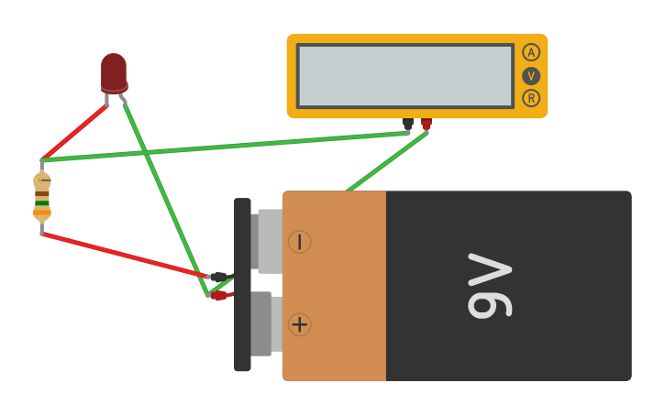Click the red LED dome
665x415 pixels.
tap(113, 71)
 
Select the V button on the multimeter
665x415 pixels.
tap(531, 75)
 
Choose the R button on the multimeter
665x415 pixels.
tap(531, 98)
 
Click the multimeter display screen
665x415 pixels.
tap(405, 75)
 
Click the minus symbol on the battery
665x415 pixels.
tap(299, 242)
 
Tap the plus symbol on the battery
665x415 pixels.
tap(299, 324)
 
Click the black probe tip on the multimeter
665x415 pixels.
tap(407, 124)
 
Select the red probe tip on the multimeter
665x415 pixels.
tap(426, 124)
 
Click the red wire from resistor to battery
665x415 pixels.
tap(124, 254)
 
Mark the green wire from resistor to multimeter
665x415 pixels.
tap(225, 147)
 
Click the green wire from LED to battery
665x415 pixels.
tap(165, 197)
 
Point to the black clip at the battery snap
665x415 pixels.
tap(218, 276)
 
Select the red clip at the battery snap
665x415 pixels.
tap(218, 295)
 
